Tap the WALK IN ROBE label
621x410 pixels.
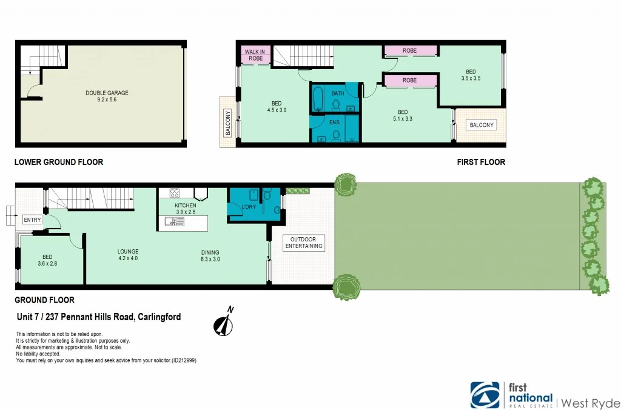pyautogui.click(x=255, y=55)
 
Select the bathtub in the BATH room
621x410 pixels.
pyautogui.click(x=318, y=99)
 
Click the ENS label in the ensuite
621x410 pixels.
pyautogui.click(x=334, y=123)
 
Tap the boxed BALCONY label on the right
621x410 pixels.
pyautogui.click(x=482, y=125)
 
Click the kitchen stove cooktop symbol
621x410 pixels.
pyautogui.click(x=175, y=193)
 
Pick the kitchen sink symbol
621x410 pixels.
pyautogui.click(x=177, y=222)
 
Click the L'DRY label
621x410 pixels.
pyautogui.click(x=249, y=208)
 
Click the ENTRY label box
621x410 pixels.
pyautogui.click(x=33, y=220)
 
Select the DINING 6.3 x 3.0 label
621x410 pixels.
pyautogui.click(x=210, y=257)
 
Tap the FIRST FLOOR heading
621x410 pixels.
pyautogui.click(x=480, y=162)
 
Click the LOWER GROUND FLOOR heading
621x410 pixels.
pyautogui.click(x=59, y=162)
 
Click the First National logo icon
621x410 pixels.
pyautogui.click(x=486, y=395)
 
